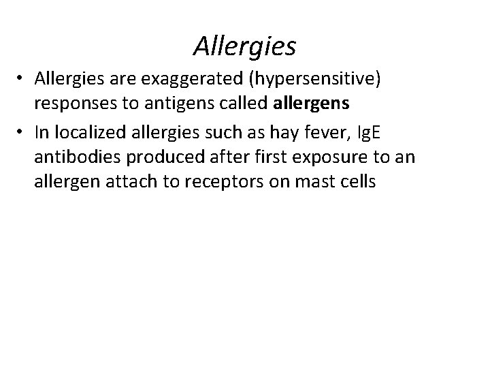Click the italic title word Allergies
click(245, 46)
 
